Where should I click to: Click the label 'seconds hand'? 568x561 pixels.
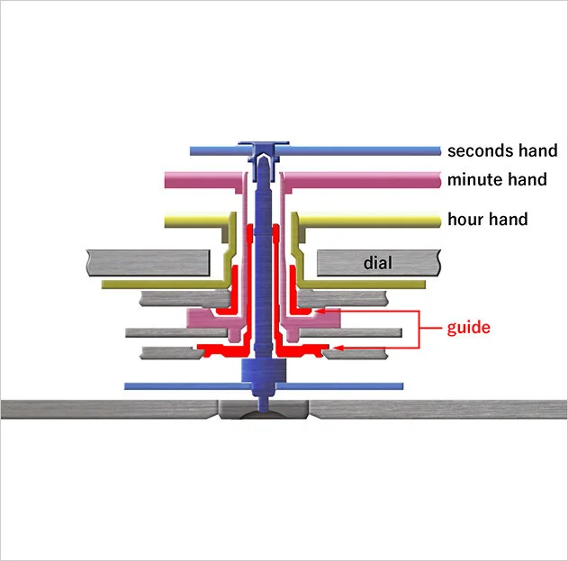(501, 150)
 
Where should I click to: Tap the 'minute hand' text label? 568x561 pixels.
(496, 179)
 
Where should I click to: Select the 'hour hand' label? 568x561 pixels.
(487, 219)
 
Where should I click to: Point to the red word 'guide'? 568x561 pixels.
(468, 327)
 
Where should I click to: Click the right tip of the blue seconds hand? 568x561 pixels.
(437, 150)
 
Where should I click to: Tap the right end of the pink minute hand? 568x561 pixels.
(437, 180)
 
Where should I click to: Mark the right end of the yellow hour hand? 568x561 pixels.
(437, 219)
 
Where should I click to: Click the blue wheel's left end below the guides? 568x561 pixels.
(128, 385)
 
